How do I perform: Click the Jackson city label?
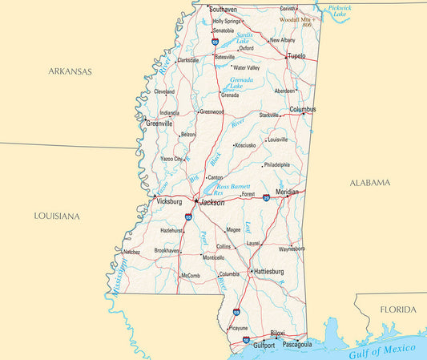point(212,203)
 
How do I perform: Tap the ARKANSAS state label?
point(70,71)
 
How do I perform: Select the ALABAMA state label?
point(370,183)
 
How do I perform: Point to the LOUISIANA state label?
point(57,216)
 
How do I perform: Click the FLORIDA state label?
point(398,309)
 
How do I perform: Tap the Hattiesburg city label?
point(268,272)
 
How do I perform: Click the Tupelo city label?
point(296,56)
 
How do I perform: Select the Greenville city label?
point(159,124)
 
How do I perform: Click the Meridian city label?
point(286,192)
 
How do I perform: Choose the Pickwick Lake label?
point(340,10)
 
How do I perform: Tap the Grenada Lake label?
point(241,83)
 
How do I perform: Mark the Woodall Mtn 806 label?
point(296,22)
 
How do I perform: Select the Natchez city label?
point(131,252)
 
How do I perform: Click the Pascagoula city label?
point(296,346)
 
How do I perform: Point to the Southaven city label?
point(223,10)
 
